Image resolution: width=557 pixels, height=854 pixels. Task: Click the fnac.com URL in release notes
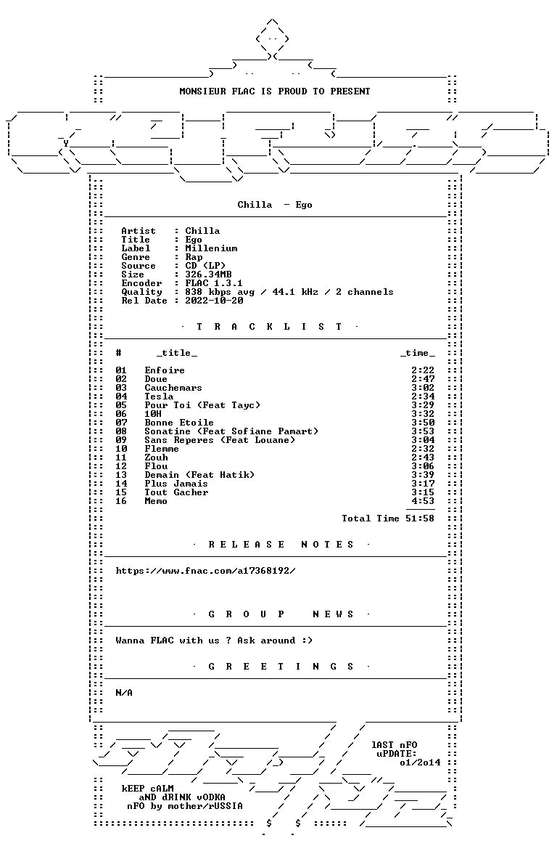tap(206, 571)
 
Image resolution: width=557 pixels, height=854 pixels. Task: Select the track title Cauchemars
tap(173, 388)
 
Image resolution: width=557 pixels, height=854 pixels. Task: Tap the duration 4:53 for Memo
tap(423, 501)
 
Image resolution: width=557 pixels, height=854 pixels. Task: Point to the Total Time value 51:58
tap(420, 518)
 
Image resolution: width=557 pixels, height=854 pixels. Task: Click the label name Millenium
tap(211, 248)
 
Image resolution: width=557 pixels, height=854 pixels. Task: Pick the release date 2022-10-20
tap(214, 301)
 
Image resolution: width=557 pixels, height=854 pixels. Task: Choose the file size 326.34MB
tap(208, 274)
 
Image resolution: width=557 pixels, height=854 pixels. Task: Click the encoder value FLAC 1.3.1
tap(214, 283)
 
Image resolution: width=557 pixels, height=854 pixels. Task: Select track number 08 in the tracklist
tap(120, 431)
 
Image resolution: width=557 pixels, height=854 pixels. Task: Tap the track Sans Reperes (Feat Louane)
tap(220, 440)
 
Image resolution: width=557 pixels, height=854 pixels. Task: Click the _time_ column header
tap(418, 354)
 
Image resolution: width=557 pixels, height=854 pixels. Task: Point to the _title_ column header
tap(177, 354)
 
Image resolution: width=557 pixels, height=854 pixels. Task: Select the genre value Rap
tap(194, 257)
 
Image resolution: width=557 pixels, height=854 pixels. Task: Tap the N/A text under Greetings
tap(124, 693)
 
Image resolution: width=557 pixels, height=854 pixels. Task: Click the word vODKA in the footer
tap(211, 797)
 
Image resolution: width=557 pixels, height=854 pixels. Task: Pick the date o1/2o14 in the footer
tap(420, 762)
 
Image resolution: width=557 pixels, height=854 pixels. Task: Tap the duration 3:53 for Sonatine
tap(423, 431)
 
